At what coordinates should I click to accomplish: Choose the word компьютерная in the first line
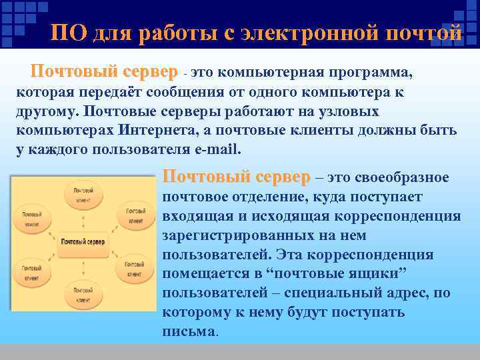click(x=273, y=72)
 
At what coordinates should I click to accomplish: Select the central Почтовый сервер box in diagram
click(x=82, y=241)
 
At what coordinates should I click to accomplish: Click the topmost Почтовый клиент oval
click(x=83, y=194)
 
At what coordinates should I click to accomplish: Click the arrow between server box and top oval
click(x=83, y=221)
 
